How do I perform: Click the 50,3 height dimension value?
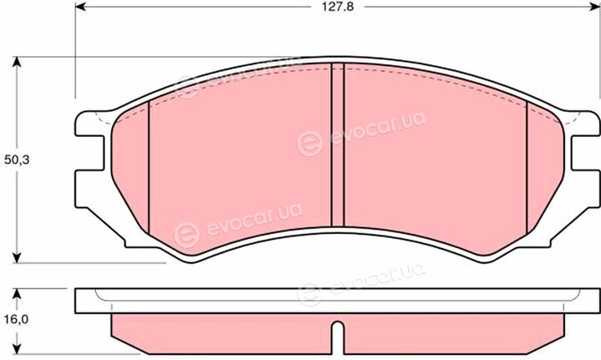click(x=17, y=160)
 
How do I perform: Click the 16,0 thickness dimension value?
click(x=17, y=319)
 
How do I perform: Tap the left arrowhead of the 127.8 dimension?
click(x=80, y=7)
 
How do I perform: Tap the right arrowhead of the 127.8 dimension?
click(x=595, y=7)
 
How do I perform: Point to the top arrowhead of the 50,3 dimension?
click(x=17, y=62)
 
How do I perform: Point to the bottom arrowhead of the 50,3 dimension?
click(x=17, y=257)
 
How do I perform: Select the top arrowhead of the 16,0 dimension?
click(x=17, y=294)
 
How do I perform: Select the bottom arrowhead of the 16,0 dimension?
click(x=17, y=348)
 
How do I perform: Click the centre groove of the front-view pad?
click(x=337, y=145)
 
